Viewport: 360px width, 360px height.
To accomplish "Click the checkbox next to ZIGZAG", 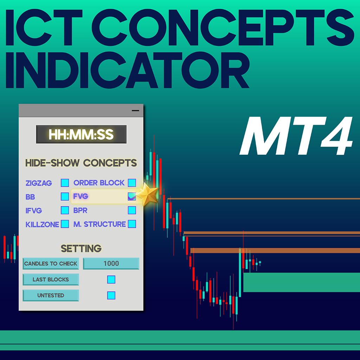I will [65, 183].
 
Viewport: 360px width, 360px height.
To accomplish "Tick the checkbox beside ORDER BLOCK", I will [132, 183].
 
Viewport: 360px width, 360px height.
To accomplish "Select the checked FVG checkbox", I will [132, 197].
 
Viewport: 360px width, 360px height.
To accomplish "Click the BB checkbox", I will [65, 197].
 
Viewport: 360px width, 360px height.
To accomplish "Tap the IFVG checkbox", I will [65, 210].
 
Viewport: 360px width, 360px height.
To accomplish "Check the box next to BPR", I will [132, 210].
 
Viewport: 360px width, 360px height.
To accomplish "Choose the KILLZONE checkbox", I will [65, 224].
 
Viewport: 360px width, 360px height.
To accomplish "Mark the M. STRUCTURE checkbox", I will [132, 224].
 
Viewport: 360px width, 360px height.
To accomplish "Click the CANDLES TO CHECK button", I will [51, 264].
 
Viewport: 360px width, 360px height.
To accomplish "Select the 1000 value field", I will [111, 264].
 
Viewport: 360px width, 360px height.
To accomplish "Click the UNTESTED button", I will [51, 295].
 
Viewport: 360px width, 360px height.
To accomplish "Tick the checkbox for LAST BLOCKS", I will [111, 279].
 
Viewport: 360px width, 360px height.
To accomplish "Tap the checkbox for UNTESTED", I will [111, 295].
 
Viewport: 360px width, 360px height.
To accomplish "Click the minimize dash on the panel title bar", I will [135, 110].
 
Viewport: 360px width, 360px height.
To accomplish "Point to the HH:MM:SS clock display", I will [81, 134].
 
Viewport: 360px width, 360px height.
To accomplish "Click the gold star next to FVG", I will [147, 195].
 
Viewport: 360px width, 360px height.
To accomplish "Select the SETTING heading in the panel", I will [81, 249].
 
